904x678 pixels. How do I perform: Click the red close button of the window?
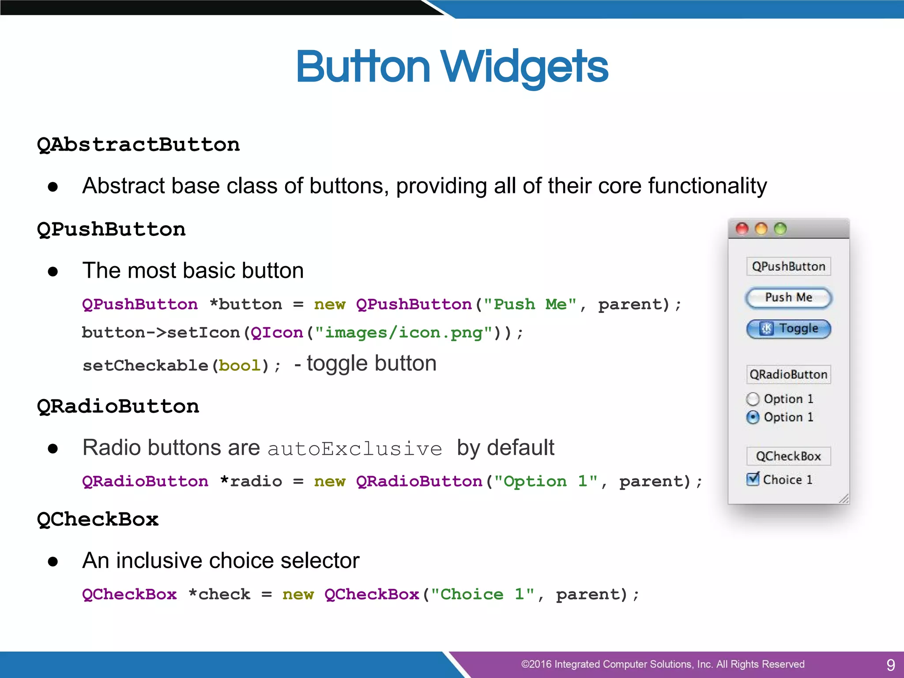(742, 229)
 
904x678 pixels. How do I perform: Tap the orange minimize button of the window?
(761, 229)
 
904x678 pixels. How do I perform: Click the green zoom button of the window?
(780, 229)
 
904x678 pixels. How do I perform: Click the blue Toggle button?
(788, 329)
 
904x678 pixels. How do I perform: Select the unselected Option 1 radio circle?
(753, 399)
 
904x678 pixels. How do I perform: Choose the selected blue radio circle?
(753, 417)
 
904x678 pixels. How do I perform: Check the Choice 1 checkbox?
(753, 479)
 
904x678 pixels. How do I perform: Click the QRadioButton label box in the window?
(788, 374)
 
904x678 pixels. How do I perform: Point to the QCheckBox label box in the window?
(788, 456)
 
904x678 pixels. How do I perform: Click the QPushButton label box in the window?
(788, 267)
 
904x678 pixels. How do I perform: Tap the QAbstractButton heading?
(139, 145)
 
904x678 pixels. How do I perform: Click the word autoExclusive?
(355, 449)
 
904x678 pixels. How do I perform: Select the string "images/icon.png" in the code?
(403, 332)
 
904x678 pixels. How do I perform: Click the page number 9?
(890, 664)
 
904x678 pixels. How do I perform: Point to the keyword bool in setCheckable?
(240, 365)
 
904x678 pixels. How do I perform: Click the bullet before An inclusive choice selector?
(53, 561)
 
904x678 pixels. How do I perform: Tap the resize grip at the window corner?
(844, 499)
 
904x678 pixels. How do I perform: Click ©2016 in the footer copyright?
(536, 664)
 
